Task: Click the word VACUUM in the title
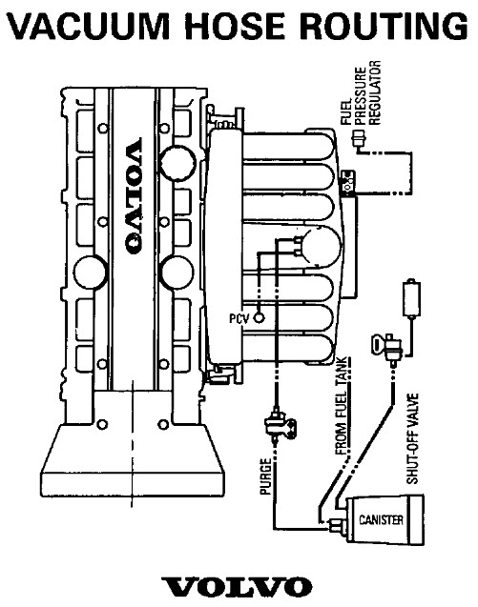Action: click(x=89, y=26)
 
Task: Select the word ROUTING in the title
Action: click(x=384, y=26)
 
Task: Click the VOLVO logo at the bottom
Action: click(x=237, y=587)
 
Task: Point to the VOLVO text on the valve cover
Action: click(x=134, y=196)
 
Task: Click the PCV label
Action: click(x=239, y=318)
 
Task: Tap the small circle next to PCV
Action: click(x=259, y=318)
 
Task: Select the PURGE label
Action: click(x=265, y=476)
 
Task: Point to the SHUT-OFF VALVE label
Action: click(x=412, y=438)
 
